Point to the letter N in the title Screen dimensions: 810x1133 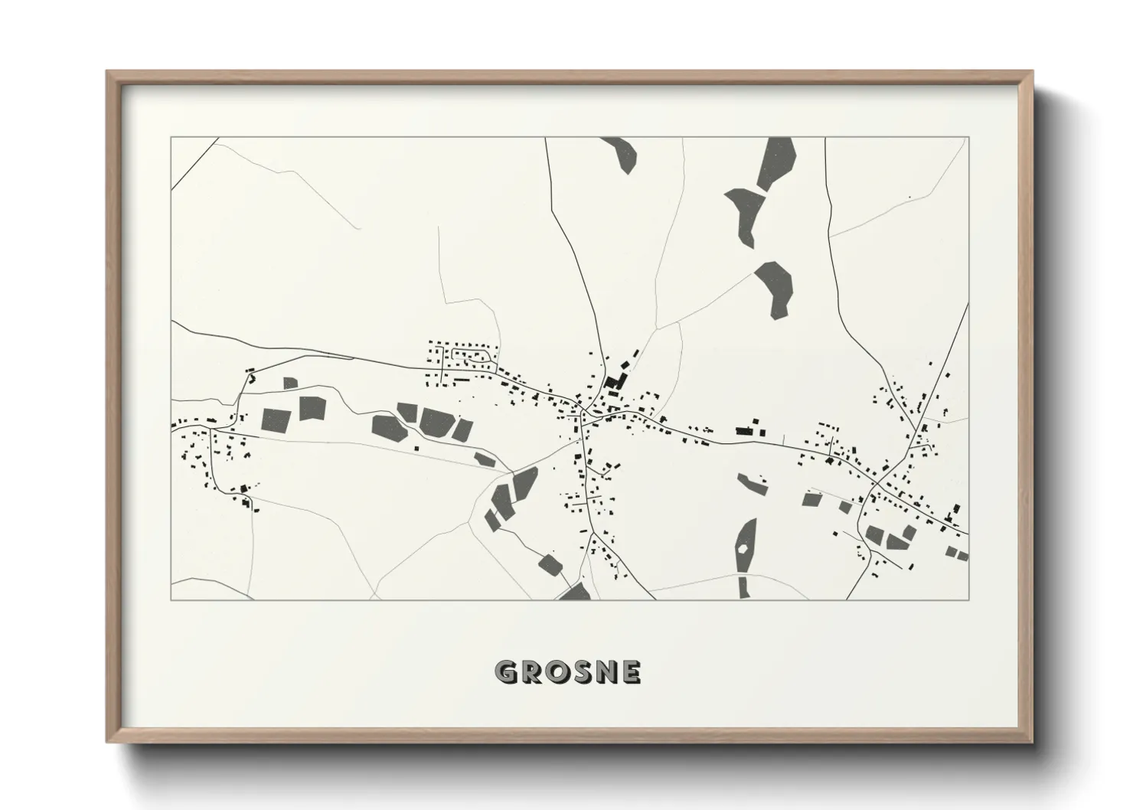coord(607,672)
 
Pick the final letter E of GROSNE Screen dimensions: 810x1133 coord(632,672)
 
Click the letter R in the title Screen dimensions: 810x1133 coord(531,672)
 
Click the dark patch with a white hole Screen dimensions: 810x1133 coord(745,547)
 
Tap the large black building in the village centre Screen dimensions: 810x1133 coord(614,381)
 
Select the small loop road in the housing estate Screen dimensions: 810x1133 coord(473,354)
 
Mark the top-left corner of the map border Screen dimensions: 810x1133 coord(171,138)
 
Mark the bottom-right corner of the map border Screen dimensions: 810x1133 coord(968,599)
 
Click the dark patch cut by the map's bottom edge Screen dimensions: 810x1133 coord(576,593)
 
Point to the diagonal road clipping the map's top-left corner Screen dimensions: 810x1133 coord(194,162)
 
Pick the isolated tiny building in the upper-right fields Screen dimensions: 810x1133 coord(909,198)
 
